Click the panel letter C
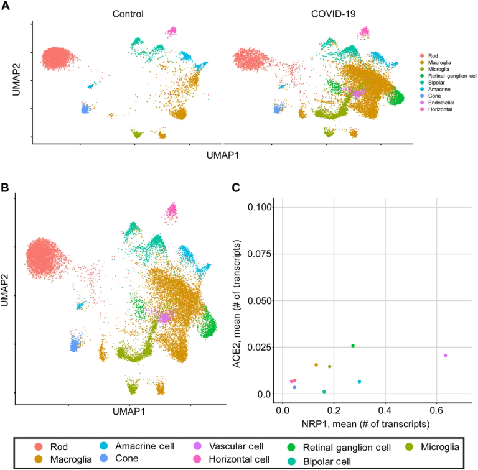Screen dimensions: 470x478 coord(235,183)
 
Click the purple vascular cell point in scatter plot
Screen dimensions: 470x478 coord(445,356)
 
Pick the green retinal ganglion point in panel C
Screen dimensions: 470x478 coord(353,346)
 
